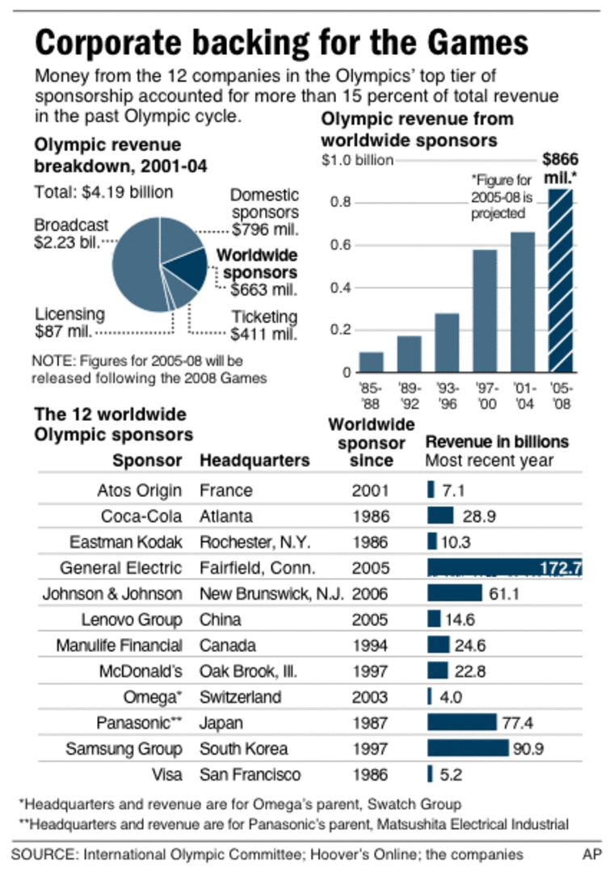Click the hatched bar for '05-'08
560,281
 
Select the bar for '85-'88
371,362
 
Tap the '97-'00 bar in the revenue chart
485,311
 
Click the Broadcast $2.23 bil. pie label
69,234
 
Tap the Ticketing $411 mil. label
264,325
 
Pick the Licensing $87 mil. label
69,322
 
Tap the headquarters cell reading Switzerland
241,697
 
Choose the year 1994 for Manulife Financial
370,646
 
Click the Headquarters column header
254,461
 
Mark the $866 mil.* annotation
560,166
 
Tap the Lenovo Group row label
132,620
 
